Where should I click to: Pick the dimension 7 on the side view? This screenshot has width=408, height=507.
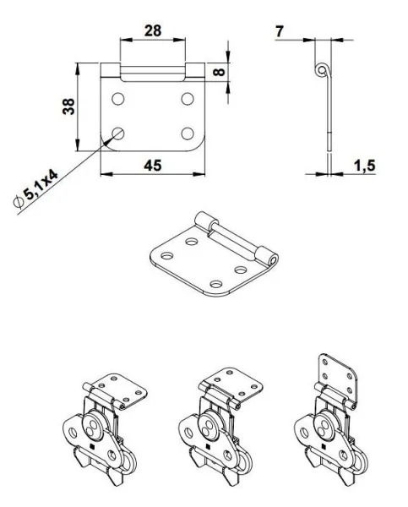click(x=280, y=30)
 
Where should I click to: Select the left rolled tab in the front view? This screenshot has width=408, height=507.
click(x=111, y=71)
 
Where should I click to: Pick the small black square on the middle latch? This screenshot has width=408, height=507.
click(x=204, y=447)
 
